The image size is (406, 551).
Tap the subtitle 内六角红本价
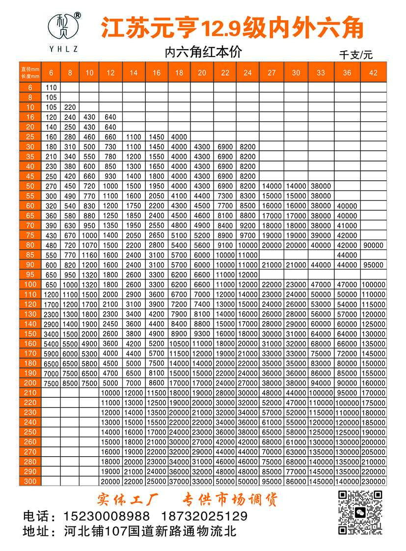[x=203, y=52]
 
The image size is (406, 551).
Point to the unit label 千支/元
[x=356, y=55]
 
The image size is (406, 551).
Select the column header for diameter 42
[x=373, y=73]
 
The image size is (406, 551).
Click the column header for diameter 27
[x=271, y=73]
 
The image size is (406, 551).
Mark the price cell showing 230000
[x=373, y=481]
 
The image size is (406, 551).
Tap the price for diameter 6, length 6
[x=51, y=87]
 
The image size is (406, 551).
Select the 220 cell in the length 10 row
[x=70, y=107]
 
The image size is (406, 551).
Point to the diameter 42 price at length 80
[x=373, y=245]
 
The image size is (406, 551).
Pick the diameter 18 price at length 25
[x=179, y=137]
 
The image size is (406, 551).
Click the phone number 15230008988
[x=107, y=517]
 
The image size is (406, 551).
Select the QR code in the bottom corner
[x=360, y=512]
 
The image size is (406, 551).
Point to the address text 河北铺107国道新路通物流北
[x=150, y=531]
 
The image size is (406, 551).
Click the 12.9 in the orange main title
[x=219, y=28]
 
